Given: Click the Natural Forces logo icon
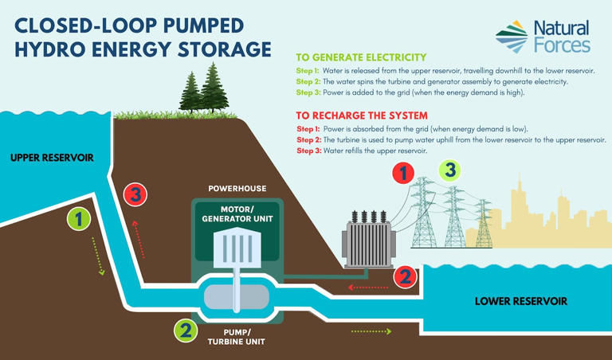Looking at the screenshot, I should click(x=512, y=37).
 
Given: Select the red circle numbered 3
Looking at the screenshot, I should click(x=137, y=194).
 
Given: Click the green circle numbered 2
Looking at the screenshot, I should click(x=185, y=330).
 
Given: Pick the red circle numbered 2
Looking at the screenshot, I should click(x=406, y=276).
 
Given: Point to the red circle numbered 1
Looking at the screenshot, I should click(x=404, y=172).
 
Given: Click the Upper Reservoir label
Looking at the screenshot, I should click(x=52, y=158).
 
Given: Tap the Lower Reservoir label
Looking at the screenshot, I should click(x=520, y=301).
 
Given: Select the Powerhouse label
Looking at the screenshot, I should click(x=237, y=189).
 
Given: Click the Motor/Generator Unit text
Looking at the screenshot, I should click(x=237, y=214).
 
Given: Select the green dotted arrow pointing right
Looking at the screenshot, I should click(x=371, y=331).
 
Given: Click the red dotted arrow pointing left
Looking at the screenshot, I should click(x=368, y=287).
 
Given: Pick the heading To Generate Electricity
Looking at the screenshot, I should click(x=361, y=57).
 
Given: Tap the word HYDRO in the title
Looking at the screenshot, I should click(x=51, y=49).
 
